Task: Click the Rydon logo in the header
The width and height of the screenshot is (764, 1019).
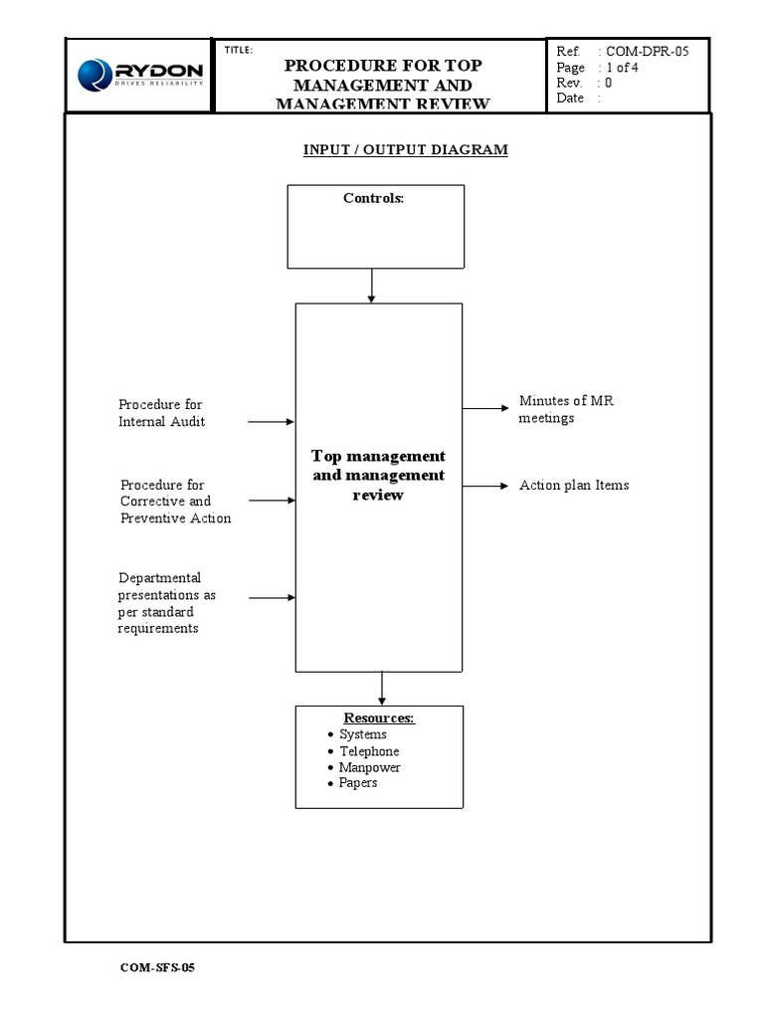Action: [x=139, y=75]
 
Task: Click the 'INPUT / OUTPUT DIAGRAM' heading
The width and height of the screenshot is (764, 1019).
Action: [x=405, y=149]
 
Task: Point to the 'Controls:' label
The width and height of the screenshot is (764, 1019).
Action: [x=374, y=198]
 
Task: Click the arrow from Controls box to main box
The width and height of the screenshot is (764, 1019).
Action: [x=371, y=286]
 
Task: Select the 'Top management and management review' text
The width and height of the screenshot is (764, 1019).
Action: [x=378, y=475]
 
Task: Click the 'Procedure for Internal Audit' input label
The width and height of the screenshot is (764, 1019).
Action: [x=162, y=413]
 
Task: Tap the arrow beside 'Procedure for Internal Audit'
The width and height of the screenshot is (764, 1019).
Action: [x=271, y=422]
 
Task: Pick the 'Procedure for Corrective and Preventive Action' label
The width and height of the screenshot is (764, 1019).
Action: [x=175, y=502]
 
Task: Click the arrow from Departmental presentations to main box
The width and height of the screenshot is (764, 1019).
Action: [x=272, y=597]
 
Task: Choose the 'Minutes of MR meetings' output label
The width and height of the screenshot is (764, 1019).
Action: [x=566, y=409]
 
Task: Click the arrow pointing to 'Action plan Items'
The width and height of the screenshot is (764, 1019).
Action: [x=485, y=486]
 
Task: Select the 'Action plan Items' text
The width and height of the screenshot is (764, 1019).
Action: [x=574, y=486]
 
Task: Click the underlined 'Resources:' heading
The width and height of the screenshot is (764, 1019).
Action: [x=379, y=718]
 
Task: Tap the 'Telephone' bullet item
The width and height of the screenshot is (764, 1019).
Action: [x=369, y=751]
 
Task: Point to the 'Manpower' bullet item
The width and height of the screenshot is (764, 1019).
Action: [x=369, y=767]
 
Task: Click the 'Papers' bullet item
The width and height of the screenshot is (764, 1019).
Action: [x=358, y=783]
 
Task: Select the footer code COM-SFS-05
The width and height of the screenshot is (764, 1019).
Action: [x=157, y=967]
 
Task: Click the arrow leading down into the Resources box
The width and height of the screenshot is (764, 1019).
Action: [x=381, y=688]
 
